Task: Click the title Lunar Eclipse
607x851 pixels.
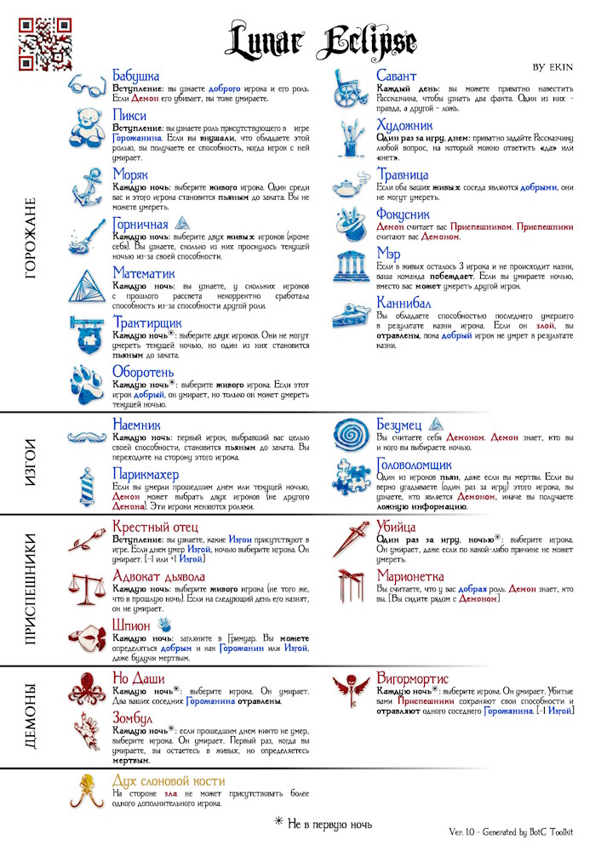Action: (x=321, y=41)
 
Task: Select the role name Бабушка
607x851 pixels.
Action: (x=136, y=77)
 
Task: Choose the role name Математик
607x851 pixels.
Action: (x=144, y=274)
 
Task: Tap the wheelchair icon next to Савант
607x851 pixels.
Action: (x=351, y=87)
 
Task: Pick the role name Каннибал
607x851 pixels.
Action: (x=404, y=303)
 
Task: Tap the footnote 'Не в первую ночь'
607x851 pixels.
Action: (x=324, y=823)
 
